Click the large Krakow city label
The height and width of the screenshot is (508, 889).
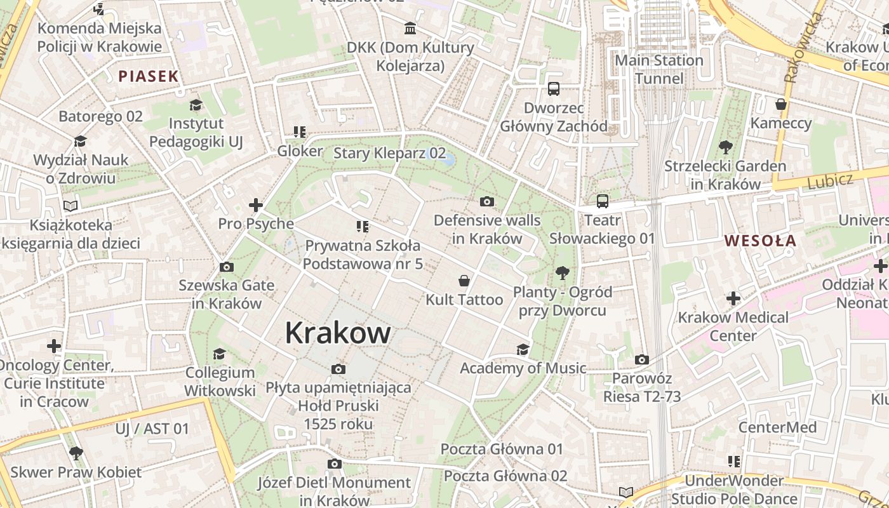[x=337, y=333]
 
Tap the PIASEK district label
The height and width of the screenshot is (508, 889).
[x=149, y=77]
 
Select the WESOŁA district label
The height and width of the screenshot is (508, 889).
[x=760, y=241]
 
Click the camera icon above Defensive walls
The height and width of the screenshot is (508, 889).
[x=487, y=202]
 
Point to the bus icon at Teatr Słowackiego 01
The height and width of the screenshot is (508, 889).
[x=602, y=202]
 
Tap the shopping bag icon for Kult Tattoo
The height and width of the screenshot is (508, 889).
[x=464, y=281]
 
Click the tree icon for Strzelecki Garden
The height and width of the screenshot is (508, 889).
[x=725, y=147]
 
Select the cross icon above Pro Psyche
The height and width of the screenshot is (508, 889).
[x=256, y=205]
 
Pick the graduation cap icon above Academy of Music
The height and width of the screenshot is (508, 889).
[x=523, y=349]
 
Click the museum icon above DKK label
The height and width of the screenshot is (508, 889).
[x=410, y=29]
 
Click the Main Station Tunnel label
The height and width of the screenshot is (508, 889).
[x=660, y=69]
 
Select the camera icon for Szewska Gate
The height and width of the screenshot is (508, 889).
[x=226, y=267]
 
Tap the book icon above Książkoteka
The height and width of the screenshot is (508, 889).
[x=70, y=206]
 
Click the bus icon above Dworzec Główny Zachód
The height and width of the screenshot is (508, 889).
[x=554, y=89]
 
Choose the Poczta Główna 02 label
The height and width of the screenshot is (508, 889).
[x=505, y=476]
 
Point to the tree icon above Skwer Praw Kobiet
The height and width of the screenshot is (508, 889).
[x=76, y=453]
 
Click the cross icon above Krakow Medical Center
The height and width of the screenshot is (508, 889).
[x=733, y=298]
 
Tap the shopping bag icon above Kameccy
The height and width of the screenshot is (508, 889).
[x=781, y=104]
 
